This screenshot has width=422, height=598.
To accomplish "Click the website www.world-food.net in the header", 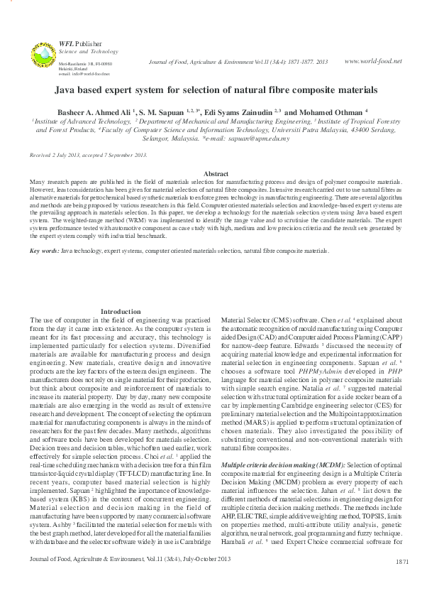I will [372, 61].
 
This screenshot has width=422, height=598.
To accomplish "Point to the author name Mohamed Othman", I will [333, 112].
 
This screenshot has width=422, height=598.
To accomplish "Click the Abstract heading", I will [216, 174].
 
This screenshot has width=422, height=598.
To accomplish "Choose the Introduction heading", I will [121, 312].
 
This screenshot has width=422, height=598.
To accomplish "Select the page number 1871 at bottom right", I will [401, 582].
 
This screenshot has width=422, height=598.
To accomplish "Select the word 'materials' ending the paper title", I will [358, 91].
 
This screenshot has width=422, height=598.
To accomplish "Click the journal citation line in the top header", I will [238, 62].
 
